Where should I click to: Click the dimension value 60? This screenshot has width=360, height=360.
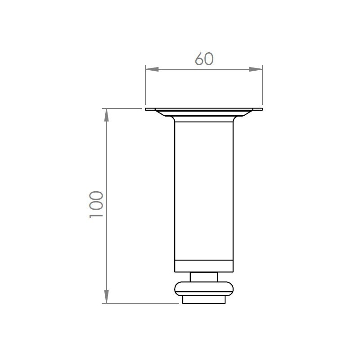[x=204, y=59]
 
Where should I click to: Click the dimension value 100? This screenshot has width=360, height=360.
[x=96, y=204]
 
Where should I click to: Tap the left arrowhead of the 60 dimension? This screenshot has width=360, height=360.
[x=152, y=69]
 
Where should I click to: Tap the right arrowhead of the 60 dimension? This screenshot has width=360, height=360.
[x=256, y=69]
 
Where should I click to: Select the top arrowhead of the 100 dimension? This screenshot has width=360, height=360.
[x=106, y=115]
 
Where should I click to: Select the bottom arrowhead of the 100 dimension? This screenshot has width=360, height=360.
[x=106, y=297]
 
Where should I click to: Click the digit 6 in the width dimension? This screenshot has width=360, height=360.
[x=199, y=59]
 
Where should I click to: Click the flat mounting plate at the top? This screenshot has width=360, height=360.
[x=204, y=109]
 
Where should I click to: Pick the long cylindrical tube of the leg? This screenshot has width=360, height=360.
[x=204, y=190]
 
